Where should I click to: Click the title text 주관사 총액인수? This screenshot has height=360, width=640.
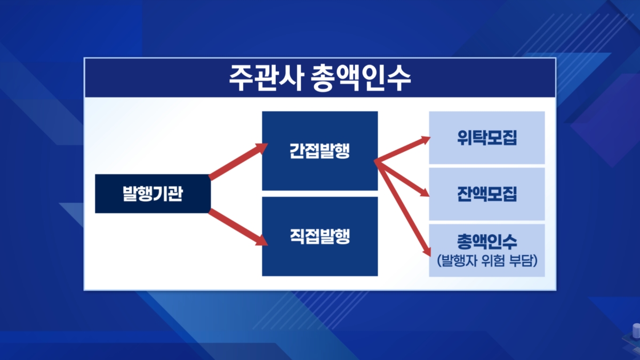pos(319,78)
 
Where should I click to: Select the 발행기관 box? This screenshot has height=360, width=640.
pos(153,194)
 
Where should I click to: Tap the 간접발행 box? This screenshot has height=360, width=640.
pos(319,151)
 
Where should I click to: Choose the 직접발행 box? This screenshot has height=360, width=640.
pos(319,236)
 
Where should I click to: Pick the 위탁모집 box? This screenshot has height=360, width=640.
pos(487,138)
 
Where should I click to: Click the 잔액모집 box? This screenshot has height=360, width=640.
pos(487,194)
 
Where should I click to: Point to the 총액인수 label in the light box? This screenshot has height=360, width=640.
pos(487,242)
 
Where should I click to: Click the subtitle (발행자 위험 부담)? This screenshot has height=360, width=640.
pos(487,261)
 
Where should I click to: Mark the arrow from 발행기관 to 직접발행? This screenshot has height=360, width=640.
pos(238,227)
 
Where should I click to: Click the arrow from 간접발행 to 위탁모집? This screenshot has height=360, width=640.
pos(402,149)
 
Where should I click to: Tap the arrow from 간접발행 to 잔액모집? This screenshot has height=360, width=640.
pos(402,179)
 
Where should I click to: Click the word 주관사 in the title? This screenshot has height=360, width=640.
pos(266,78)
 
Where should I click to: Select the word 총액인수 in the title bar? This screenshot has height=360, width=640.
pos(361,78)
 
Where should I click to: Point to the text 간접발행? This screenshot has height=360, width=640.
pos(319,151)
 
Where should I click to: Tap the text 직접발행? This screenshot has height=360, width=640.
pos(319,236)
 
